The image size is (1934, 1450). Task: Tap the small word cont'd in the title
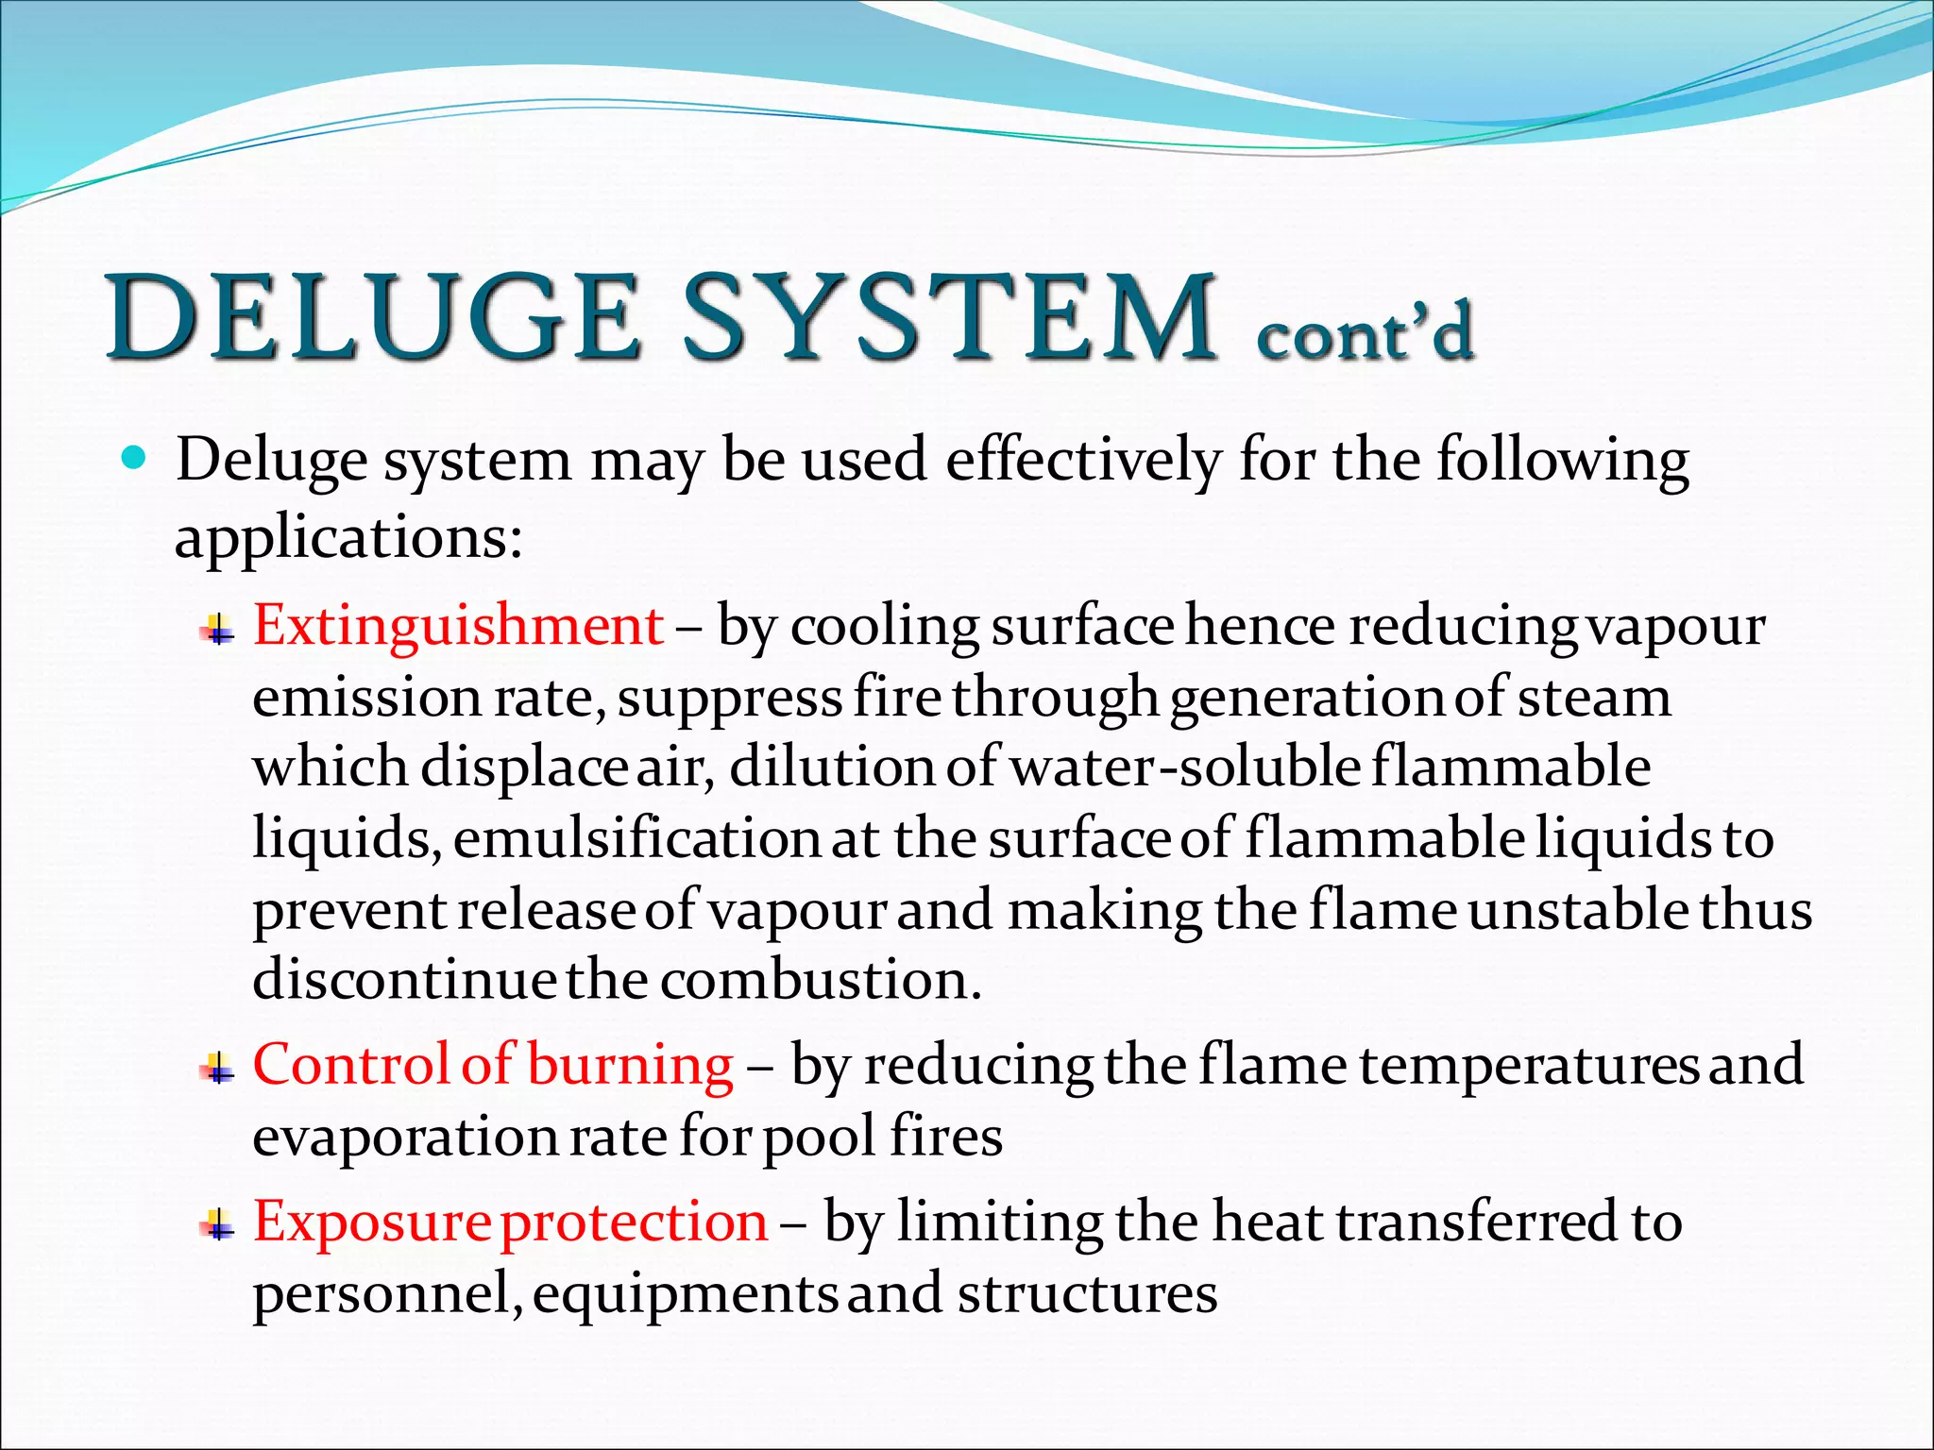1364,332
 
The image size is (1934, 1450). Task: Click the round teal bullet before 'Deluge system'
136,460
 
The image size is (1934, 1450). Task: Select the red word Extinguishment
458,626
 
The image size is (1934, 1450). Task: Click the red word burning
630,1065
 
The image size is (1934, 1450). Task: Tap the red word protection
634,1222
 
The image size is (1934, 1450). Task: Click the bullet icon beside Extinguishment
218,629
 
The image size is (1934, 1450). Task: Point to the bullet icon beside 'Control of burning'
218,1069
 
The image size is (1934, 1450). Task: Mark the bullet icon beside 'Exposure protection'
218,1225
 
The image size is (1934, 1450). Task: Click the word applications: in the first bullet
348,539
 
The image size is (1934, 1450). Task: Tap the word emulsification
636,838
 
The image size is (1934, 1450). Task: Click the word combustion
821,980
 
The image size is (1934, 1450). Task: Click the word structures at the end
1087,1293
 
